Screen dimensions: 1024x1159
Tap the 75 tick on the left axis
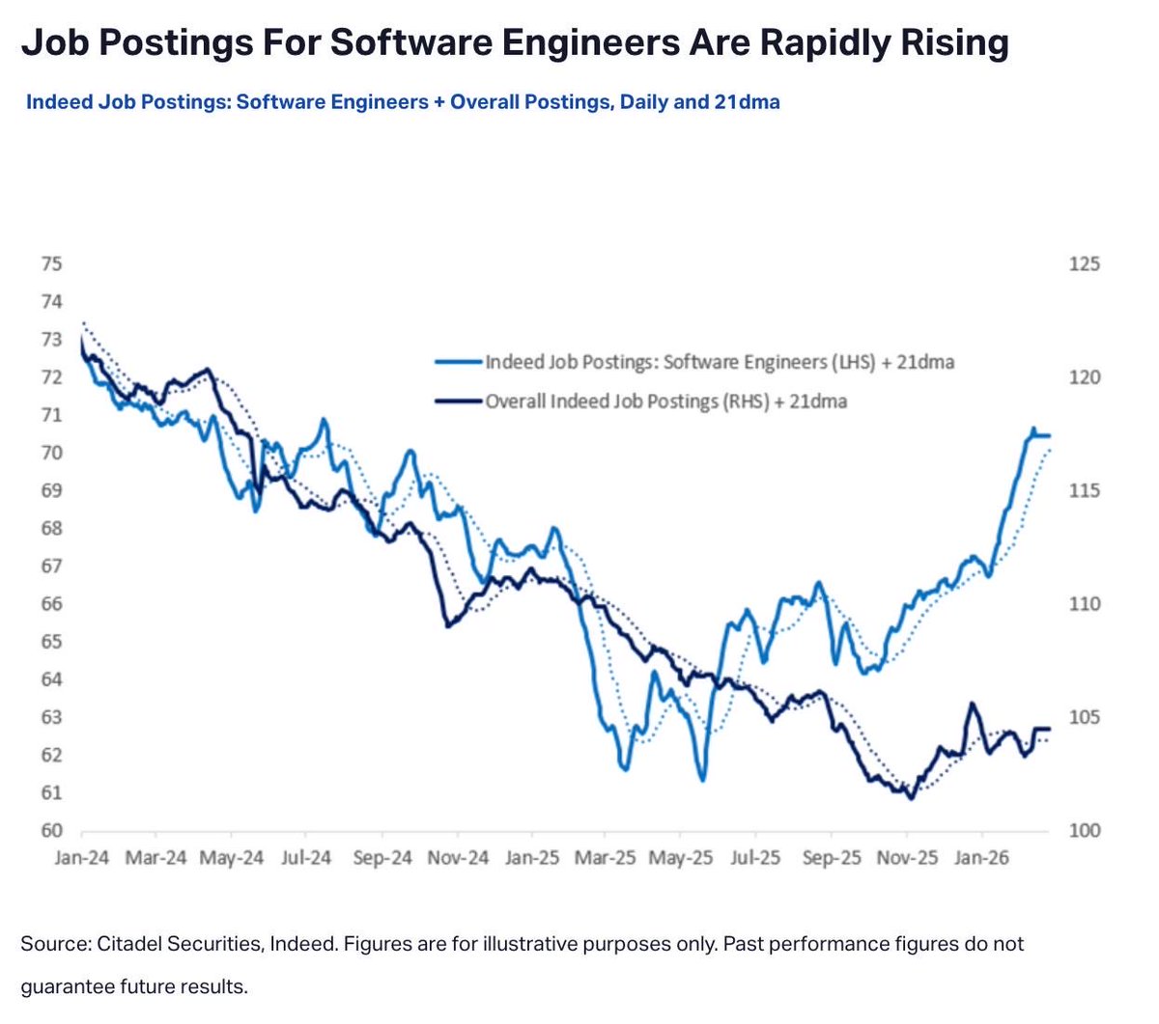52,264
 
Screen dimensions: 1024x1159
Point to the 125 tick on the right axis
1084,264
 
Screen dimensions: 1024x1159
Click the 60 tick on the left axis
52,831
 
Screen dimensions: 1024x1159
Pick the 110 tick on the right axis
1084,604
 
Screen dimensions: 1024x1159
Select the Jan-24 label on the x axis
82,858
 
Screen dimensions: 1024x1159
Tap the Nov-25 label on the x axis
907,858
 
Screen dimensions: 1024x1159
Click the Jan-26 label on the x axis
982,858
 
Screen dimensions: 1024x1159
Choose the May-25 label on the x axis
681,858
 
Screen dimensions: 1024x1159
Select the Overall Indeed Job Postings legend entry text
666,401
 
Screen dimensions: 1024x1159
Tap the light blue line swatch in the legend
459,363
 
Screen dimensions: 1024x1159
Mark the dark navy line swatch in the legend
459,401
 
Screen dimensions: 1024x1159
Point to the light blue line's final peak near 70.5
1032,429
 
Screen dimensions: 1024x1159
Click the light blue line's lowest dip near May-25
702,779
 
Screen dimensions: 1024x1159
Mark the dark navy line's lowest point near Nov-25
910,797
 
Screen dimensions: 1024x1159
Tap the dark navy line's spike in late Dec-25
971,705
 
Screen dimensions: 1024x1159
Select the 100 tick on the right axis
1084,831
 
